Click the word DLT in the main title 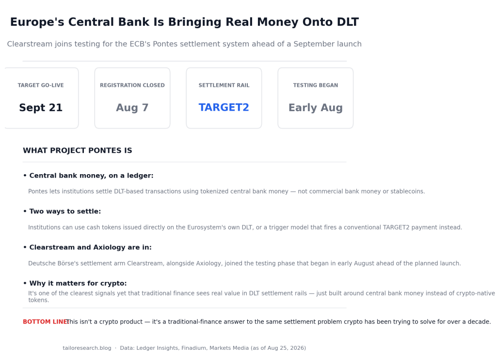(x=348, y=22)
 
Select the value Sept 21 (x=41, y=108)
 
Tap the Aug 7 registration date (x=132, y=108)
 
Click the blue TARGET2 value (x=224, y=108)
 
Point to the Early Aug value (x=316, y=108)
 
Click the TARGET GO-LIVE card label (x=41, y=85)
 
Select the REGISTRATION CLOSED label (x=132, y=85)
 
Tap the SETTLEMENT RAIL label (x=224, y=85)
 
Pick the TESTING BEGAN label (x=316, y=85)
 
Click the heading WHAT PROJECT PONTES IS (x=78, y=150)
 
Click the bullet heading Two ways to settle (x=65, y=212)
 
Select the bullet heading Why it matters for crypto (x=78, y=283)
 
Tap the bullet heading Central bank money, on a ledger (x=92, y=176)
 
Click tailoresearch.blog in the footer (x=87, y=348)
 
